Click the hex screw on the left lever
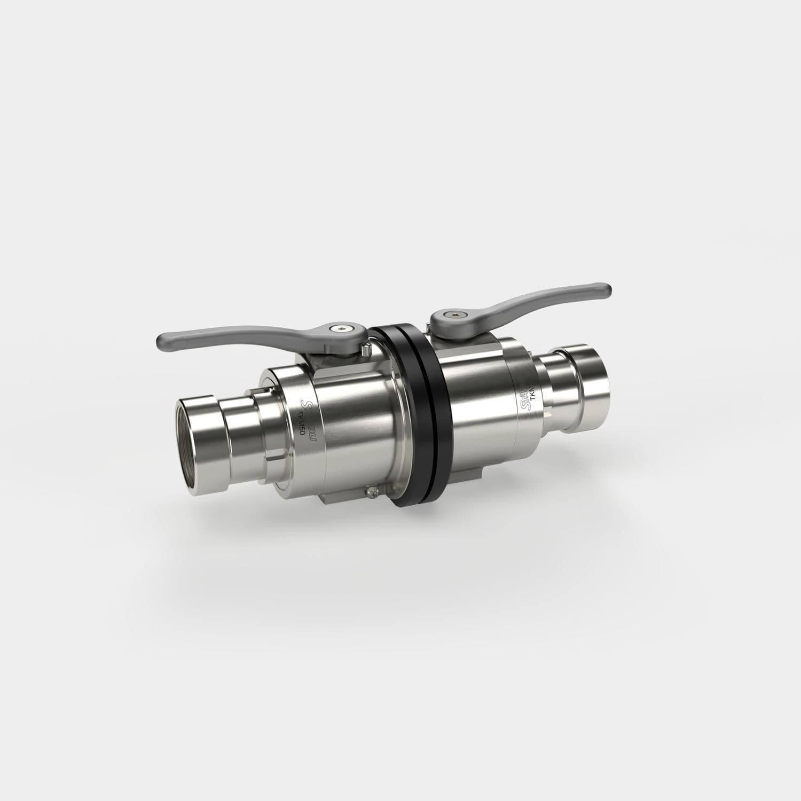(338, 329)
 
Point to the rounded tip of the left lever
(162, 340)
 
